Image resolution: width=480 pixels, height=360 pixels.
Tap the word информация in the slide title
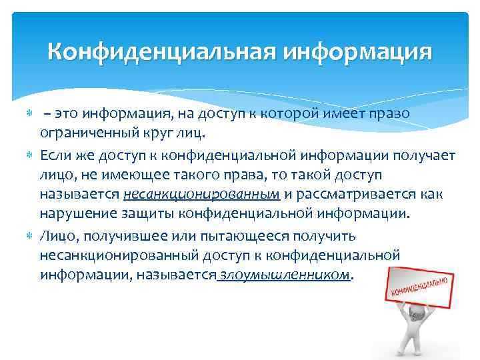point(358,51)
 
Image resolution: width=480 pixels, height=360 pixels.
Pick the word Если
point(56,155)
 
